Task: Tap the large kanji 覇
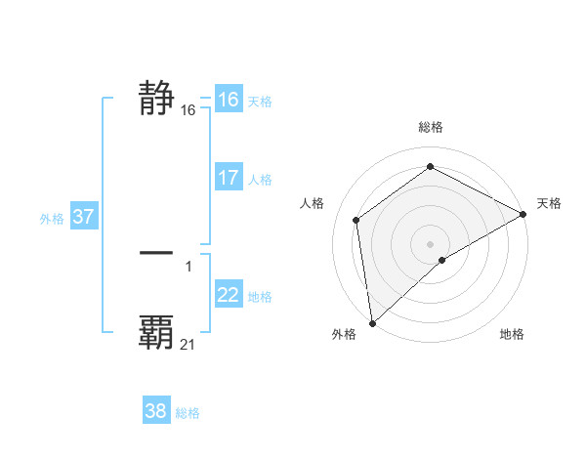(156, 332)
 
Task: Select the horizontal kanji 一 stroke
(156, 253)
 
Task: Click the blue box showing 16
(229, 100)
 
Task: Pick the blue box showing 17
(229, 178)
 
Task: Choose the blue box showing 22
(229, 295)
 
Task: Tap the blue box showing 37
(84, 217)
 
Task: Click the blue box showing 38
(156, 411)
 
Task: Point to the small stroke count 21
(188, 345)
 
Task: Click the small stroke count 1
(188, 266)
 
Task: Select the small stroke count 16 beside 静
(188, 111)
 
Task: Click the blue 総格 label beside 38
(188, 413)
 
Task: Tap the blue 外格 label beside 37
(52, 219)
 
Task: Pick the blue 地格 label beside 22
(260, 297)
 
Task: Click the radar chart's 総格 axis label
(430, 127)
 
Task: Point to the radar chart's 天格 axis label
(549, 203)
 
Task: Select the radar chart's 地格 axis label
(512, 335)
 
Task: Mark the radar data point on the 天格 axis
(523, 214)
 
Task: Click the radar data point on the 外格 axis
(372, 322)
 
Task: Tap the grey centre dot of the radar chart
(430, 243)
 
